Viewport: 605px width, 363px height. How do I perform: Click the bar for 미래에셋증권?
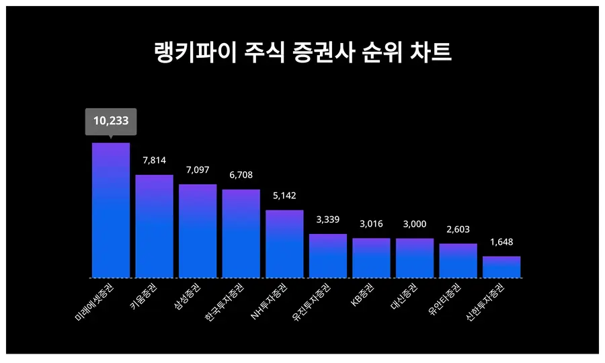pos(111,210)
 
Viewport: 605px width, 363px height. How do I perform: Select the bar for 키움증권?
pos(155,226)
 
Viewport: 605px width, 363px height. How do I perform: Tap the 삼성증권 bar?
pos(198,231)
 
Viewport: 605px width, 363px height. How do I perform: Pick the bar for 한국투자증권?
pos(241,233)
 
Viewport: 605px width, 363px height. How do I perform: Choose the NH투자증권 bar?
pos(284,243)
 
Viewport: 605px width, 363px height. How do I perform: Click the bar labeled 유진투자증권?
pos(328,255)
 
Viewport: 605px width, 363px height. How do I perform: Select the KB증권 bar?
pos(371,257)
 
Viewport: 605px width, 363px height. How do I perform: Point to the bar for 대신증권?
pos(415,257)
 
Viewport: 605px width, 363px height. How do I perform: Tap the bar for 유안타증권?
pos(458,260)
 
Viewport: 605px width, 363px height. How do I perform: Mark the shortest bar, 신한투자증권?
pos(501,267)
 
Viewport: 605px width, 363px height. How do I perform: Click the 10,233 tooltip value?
pos(111,122)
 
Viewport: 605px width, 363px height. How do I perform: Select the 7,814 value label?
pos(155,160)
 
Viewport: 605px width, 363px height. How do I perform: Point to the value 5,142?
pos(284,196)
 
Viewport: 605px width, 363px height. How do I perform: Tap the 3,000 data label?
pos(415,224)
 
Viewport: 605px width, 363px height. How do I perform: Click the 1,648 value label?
pos(501,242)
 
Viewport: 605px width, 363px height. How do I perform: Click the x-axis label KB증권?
pos(364,295)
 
